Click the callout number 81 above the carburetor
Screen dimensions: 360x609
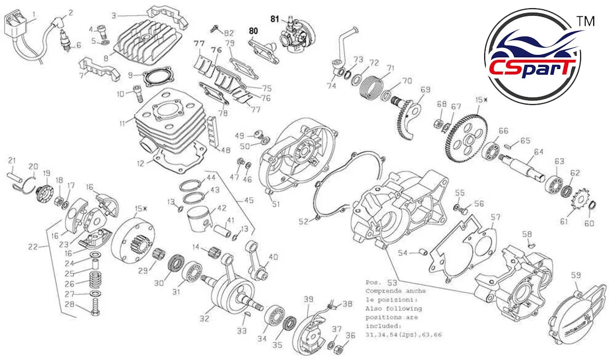(x=275, y=19)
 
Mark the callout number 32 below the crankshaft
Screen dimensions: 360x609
(x=204, y=318)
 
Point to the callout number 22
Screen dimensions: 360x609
(x=33, y=247)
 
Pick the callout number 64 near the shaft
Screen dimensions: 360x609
(x=538, y=151)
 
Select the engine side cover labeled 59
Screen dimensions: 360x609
(x=577, y=313)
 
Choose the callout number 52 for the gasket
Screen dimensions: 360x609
(x=303, y=221)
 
